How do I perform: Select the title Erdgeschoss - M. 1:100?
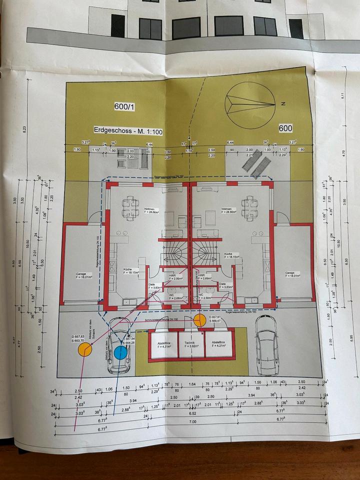128,130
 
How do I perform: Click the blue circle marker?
120,353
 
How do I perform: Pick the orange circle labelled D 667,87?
199,320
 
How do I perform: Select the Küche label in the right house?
228,254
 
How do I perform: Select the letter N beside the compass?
282,104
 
